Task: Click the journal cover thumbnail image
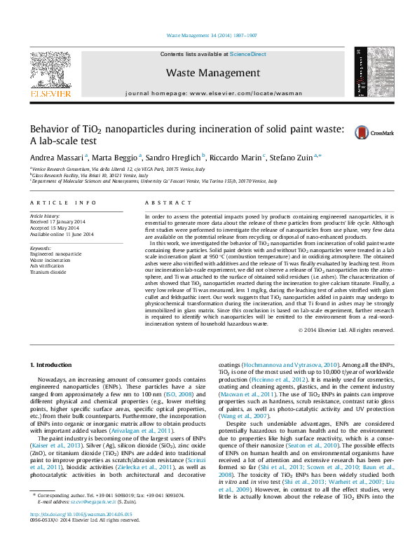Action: point(369,71)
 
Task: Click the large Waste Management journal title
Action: point(213,73)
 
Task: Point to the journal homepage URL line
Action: point(212,93)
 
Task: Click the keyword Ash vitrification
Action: point(48,265)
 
